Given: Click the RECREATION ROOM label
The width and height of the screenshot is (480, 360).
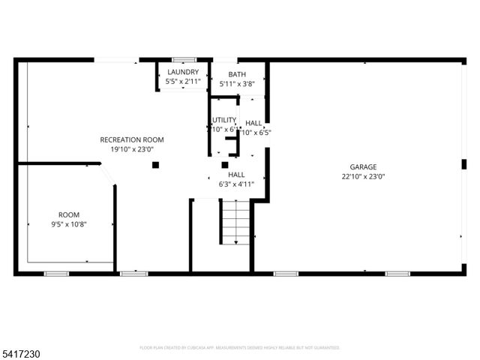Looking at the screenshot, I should pyautogui.click(x=132, y=139).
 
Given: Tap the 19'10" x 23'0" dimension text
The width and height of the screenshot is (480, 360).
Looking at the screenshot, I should pyautogui.click(x=132, y=148).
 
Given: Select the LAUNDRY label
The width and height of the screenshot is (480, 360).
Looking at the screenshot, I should pyautogui.click(x=183, y=72).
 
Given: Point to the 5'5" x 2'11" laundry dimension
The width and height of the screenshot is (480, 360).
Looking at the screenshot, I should pyautogui.click(x=183, y=81).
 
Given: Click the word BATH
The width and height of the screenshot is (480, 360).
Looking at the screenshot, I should pyautogui.click(x=237, y=74).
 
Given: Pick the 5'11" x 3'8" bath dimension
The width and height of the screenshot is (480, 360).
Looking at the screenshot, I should pyautogui.click(x=237, y=84).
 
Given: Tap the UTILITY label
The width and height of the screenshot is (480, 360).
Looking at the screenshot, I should pyautogui.click(x=223, y=120).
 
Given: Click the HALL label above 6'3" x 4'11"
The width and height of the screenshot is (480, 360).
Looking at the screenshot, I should pyautogui.click(x=236, y=174).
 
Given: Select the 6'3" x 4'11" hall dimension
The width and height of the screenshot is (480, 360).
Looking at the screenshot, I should pyautogui.click(x=236, y=184).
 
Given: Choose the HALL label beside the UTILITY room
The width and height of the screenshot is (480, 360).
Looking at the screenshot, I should pyautogui.click(x=253, y=123).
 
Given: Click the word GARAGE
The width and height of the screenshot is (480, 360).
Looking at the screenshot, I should pyautogui.click(x=363, y=166).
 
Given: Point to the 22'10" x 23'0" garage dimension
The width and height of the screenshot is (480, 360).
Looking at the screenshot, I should pyautogui.click(x=363, y=176).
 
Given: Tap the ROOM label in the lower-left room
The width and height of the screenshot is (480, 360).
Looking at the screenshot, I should pyautogui.click(x=69, y=214).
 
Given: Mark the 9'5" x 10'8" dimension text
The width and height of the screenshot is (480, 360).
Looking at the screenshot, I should pyautogui.click(x=69, y=223).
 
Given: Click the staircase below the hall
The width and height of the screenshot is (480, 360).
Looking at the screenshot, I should pyautogui.click(x=235, y=222).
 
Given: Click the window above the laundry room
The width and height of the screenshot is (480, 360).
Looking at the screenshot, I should pyautogui.click(x=183, y=59).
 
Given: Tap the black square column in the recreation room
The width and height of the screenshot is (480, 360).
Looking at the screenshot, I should pyautogui.click(x=155, y=164).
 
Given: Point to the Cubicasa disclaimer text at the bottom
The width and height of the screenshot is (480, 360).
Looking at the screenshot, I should pyautogui.click(x=240, y=348).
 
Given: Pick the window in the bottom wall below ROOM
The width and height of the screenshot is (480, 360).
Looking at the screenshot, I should pyautogui.click(x=56, y=274).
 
